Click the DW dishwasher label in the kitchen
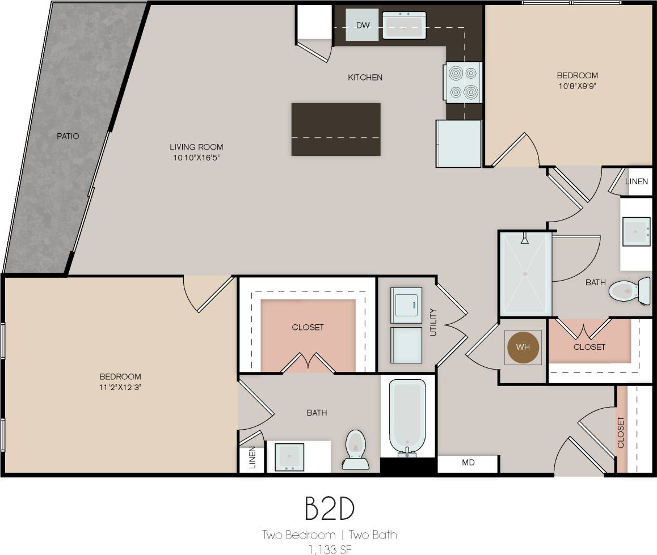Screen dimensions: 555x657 click(x=362, y=25)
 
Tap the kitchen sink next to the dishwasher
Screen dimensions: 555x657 click(x=404, y=25)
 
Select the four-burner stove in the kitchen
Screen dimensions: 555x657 click(x=463, y=82)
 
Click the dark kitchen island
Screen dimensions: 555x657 click(x=336, y=129)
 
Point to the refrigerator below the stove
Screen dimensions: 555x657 click(x=458, y=143)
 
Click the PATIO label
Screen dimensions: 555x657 click(x=68, y=136)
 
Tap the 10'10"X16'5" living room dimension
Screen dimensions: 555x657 click(x=196, y=158)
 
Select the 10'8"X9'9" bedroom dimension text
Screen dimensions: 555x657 click(x=577, y=86)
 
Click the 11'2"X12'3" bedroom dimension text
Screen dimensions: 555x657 click(x=120, y=387)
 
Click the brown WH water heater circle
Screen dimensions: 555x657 click(x=523, y=347)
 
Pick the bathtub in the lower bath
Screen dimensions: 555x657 click(x=407, y=417)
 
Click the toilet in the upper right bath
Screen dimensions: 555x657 click(x=629, y=291)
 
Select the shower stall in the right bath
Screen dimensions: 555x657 click(x=525, y=274)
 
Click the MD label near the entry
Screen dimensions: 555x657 click(x=468, y=463)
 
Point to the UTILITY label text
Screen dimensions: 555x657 click(x=433, y=322)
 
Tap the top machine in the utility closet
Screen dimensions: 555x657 click(x=406, y=305)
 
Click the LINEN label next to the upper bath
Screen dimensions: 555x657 click(x=636, y=181)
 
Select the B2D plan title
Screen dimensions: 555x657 click(x=330, y=508)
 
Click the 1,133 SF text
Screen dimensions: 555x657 click(x=329, y=548)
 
